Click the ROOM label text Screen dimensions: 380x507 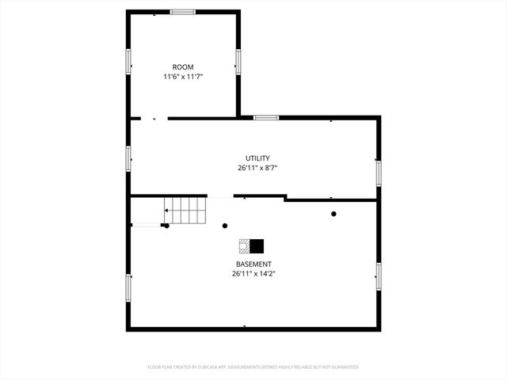point(183,67)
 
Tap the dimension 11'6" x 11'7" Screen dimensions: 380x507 point(183,77)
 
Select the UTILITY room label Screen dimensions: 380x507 point(257,158)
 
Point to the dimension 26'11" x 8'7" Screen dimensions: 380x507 point(257,168)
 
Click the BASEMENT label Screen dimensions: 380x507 point(253,264)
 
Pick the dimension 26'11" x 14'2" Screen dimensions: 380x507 point(253,274)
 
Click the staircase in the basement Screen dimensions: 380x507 point(185,211)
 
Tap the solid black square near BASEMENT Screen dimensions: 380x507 point(257,245)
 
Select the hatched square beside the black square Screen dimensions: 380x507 point(245,245)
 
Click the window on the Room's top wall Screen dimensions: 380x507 point(183,12)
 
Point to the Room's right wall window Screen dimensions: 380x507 point(237,61)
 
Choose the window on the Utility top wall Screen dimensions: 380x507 point(266,118)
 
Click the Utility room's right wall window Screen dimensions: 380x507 point(379,172)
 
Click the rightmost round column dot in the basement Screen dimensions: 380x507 point(334,214)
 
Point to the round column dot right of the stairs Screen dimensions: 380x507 point(225,226)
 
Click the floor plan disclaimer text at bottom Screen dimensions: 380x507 point(253,367)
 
